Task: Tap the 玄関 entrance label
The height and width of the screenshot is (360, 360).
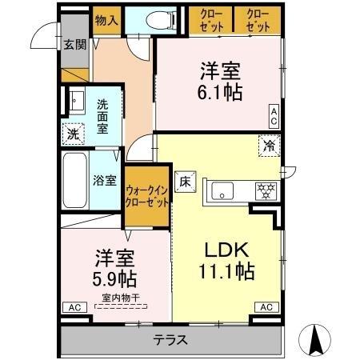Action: click(70, 45)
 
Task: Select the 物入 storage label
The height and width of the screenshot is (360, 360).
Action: click(105, 18)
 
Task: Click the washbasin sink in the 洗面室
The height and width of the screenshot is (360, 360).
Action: click(77, 102)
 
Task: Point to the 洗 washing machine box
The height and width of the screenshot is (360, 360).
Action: click(72, 134)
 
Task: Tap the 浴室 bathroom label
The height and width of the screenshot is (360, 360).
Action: click(105, 180)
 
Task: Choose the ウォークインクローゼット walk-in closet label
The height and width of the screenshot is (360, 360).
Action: click(146, 196)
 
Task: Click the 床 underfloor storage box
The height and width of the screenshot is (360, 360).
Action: click(184, 182)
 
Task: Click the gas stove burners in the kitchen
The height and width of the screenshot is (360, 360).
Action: click(264, 190)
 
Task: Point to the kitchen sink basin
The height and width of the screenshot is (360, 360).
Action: click(222, 190)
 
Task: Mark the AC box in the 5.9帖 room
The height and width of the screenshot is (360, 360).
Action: click(73, 307)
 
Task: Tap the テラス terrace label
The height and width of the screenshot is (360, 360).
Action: click(170, 340)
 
